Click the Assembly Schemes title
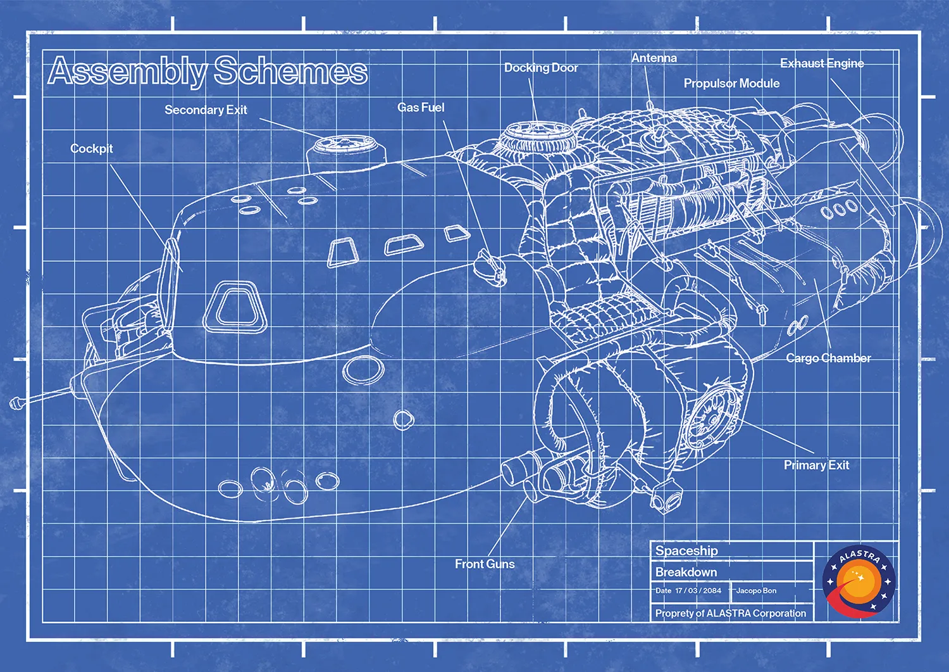coord(208,70)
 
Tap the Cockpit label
coord(92,149)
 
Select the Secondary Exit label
coord(206,110)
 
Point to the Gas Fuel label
coord(421,108)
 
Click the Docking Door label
coord(541,68)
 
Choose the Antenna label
coord(654,58)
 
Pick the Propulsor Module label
coord(731,84)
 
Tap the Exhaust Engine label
coord(822,63)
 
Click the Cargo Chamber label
coord(828,358)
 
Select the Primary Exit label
coord(816,466)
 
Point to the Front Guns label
coord(485,564)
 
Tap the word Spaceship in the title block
coord(686,551)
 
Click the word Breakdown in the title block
coord(686,573)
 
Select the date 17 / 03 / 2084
coord(698,591)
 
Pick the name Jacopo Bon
coord(756,591)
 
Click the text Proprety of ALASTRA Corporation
coord(731,614)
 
